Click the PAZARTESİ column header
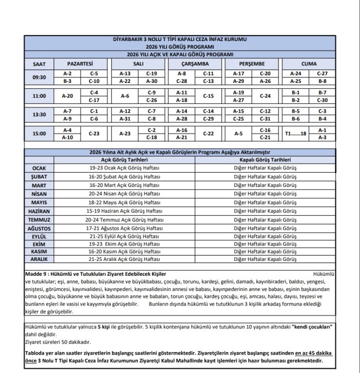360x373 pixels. tap(80, 64)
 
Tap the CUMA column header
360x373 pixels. tap(309, 64)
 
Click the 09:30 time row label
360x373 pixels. tap(39, 77)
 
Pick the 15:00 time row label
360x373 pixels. tap(39, 134)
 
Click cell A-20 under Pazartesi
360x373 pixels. tap(67, 96)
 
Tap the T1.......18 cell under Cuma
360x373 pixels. tap(296, 134)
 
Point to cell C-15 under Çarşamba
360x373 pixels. tap(208, 96)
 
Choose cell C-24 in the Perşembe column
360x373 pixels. tap(265, 96)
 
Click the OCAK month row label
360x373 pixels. tap(39, 168)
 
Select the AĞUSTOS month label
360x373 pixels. tap(39, 228)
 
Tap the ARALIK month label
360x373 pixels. tap(39, 259)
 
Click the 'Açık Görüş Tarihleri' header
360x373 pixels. tap(125, 159)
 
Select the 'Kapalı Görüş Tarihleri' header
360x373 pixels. tap(265, 159)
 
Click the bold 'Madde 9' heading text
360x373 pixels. tap(95, 274)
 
